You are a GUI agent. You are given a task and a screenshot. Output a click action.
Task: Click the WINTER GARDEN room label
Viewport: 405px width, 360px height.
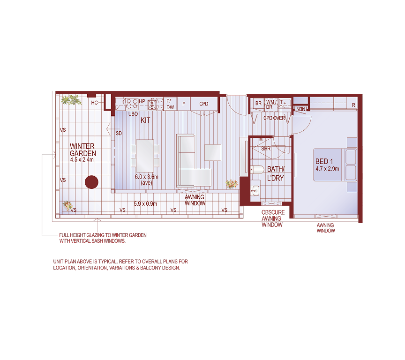click(x=82, y=150)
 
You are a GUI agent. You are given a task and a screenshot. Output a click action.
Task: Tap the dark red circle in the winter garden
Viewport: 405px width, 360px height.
click(x=91, y=182)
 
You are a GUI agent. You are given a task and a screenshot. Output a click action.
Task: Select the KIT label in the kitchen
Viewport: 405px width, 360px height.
click(x=145, y=120)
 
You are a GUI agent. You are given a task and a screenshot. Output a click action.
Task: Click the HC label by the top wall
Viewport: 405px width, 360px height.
click(x=94, y=103)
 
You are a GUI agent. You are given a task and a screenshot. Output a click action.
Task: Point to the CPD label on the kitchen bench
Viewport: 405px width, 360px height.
click(x=203, y=104)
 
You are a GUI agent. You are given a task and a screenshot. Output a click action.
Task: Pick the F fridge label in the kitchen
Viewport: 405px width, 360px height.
click(x=184, y=104)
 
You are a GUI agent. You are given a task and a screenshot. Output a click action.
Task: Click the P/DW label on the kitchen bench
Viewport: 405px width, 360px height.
click(x=170, y=104)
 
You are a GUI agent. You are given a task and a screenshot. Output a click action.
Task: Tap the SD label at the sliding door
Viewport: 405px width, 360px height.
click(x=119, y=134)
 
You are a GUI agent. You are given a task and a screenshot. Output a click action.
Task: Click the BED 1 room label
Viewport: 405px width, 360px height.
click(x=325, y=162)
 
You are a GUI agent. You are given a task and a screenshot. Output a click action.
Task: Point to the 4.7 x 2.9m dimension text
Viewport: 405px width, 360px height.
click(x=327, y=168)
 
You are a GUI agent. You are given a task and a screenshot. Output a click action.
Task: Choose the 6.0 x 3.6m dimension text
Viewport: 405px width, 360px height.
click(x=146, y=177)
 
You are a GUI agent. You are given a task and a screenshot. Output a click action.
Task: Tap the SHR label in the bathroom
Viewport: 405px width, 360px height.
click(x=266, y=149)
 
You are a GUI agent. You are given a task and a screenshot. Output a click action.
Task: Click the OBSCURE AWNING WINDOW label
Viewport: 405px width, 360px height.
click(x=273, y=218)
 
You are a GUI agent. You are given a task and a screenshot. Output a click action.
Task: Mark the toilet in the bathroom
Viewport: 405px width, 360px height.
click(x=256, y=170)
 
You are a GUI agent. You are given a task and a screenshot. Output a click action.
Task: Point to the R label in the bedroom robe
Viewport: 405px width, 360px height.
click(x=353, y=105)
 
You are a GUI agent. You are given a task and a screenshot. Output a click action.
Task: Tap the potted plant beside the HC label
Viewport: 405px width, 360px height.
click(x=72, y=100)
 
